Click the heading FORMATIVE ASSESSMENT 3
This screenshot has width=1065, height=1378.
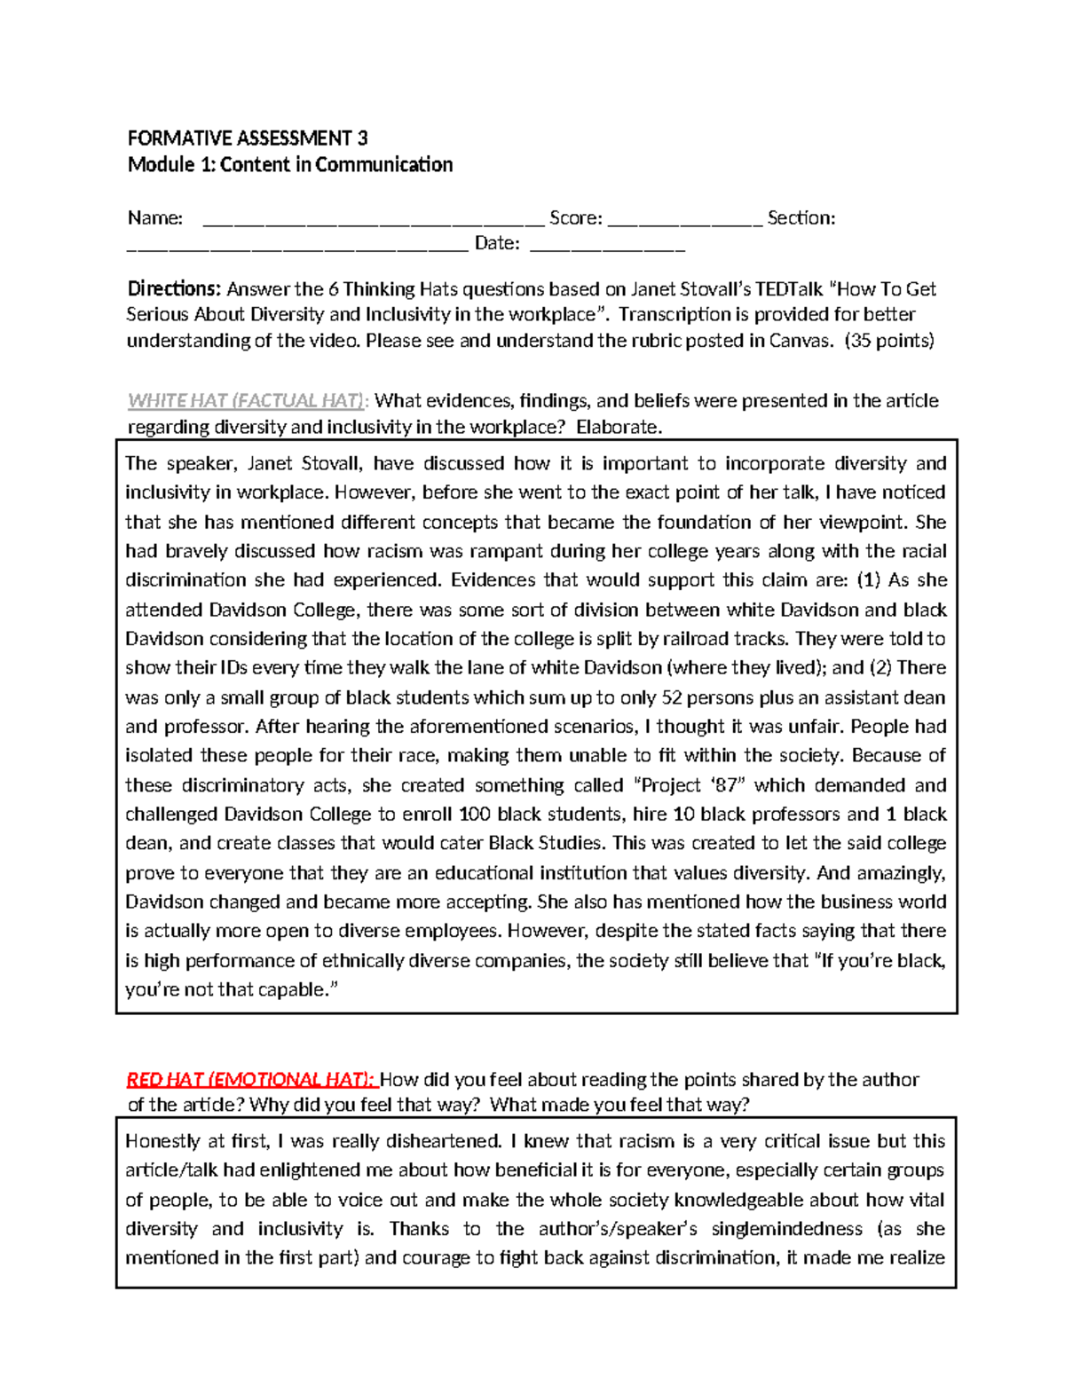[247, 138]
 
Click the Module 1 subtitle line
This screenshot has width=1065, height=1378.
[290, 165]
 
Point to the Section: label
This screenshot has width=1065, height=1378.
[801, 218]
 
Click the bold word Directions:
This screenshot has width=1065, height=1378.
[174, 289]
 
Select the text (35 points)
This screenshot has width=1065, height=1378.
[889, 341]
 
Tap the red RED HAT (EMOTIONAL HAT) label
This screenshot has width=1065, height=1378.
[252, 1080]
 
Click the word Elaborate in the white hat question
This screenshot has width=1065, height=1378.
[619, 428]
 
